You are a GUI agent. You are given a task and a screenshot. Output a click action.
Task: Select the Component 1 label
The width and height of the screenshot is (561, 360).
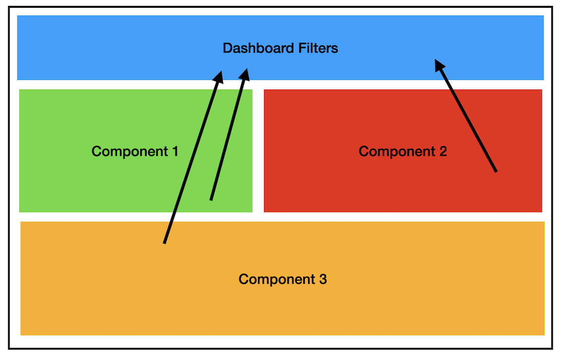point(135,152)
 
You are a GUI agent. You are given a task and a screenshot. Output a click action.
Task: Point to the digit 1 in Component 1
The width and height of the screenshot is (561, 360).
point(174,152)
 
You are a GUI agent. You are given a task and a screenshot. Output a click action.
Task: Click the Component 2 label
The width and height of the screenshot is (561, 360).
point(403,152)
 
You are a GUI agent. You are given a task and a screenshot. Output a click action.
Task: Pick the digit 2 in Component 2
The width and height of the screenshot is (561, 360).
point(443,152)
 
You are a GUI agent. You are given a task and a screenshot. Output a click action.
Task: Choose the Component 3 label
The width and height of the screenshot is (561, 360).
point(283,279)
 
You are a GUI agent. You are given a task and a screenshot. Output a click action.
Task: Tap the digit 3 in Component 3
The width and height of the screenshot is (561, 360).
point(323,279)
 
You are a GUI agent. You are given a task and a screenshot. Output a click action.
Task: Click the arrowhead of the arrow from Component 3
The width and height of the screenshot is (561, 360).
point(219,76)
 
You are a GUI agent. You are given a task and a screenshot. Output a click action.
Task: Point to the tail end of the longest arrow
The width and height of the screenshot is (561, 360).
point(165,242)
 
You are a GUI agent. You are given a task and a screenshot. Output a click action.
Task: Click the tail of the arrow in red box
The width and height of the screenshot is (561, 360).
point(496,171)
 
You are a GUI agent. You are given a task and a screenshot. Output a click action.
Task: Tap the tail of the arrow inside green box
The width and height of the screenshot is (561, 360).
point(211,199)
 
